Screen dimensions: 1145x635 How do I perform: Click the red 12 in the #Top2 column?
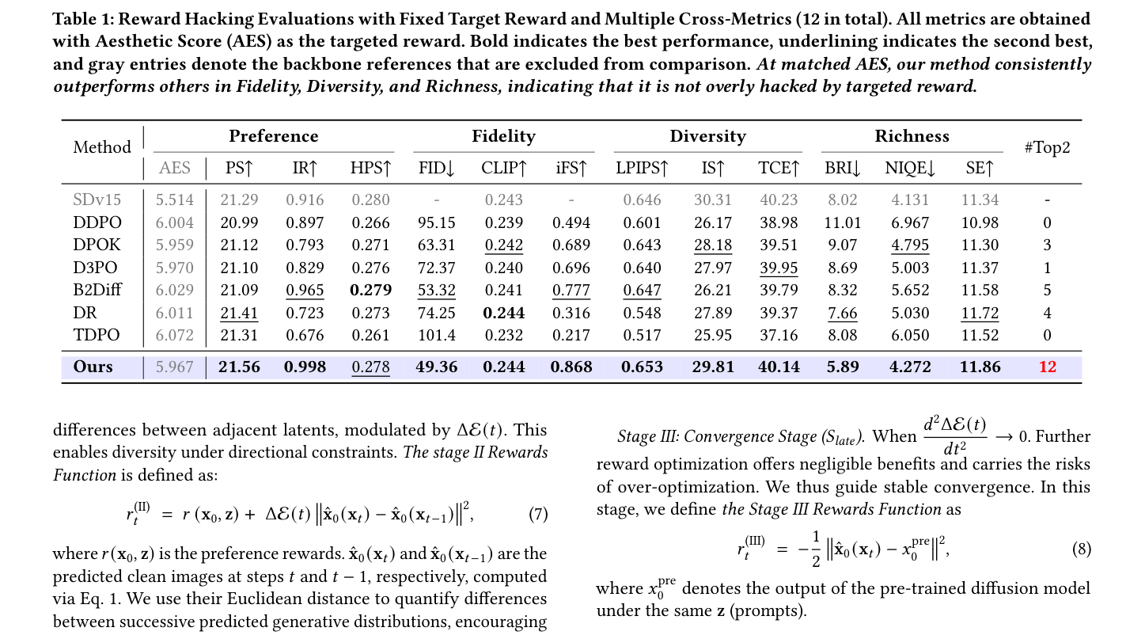point(1047,367)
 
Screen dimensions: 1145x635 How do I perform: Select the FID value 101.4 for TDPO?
point(436,335)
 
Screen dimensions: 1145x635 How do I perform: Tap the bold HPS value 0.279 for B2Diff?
point(370,290)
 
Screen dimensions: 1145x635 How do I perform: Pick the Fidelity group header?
point(503,136)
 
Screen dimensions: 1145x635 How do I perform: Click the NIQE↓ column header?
point(910,168)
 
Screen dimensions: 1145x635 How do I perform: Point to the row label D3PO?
point(95,268)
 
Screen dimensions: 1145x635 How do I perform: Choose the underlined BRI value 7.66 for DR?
point(843,313)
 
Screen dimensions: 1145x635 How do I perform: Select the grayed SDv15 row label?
point(97,200)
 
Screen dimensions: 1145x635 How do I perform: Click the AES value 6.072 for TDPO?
point(175,335)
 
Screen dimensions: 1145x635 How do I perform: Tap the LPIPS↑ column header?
point(642,168)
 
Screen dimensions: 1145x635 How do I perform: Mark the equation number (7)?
point(538,513)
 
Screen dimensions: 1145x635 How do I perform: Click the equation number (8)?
point(1081,549)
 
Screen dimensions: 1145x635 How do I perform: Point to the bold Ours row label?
point(93,367)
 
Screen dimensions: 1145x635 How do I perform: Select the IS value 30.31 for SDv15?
point(712,200)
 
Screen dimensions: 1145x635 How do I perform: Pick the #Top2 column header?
point(1047,147)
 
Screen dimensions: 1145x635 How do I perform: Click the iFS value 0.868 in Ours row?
point(571,367)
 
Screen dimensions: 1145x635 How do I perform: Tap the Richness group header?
point(912,136)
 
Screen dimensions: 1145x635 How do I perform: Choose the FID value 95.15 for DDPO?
point(436,222)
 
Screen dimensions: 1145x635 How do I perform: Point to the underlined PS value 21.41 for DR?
point(239,313)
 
